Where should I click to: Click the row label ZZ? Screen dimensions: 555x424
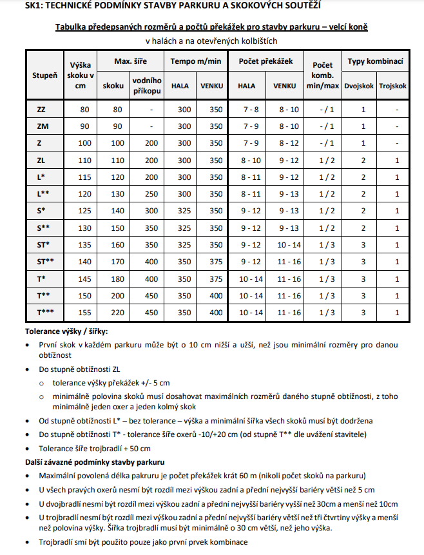click(42, 110)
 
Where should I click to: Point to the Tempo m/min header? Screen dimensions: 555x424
click(194, 61)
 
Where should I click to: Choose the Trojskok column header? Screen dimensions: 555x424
click(393, 85)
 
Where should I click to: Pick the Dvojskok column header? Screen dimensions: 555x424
click(360, 85)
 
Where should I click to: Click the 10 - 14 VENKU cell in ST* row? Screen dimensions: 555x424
click(285, 245)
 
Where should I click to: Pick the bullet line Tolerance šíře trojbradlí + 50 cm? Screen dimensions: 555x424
click(94, 449)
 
